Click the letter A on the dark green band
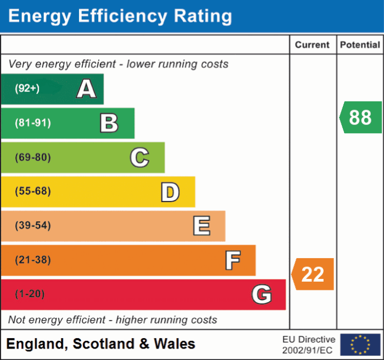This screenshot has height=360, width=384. [x=86, y=89]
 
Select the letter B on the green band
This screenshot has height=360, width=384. [x=109, y=123]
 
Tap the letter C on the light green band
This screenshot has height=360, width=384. [x=139, y=158]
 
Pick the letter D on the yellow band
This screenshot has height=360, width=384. [x=170, y=192]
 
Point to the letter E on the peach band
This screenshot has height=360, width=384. [x=201, y=226]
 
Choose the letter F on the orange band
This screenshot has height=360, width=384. [x=233, y=260]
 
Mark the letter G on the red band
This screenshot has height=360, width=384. [x=262, y=295]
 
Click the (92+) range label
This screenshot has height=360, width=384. [x=27, y=88]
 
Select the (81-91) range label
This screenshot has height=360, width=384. [x=33, y=123]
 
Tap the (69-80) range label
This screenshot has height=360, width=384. [x=33, y=158]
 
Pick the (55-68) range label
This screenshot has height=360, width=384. [x=33, y=192]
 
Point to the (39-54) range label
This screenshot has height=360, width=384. [x=33, y=226]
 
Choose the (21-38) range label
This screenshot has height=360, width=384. [x=33, y=260]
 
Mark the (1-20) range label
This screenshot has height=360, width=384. [x=30, y=294]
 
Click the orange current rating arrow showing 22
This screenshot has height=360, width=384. [x=313, y=274]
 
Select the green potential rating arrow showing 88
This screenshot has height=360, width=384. [x=360, y=117]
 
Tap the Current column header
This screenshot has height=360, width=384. [x=312, y=45]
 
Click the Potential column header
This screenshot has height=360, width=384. [x=360, y=45]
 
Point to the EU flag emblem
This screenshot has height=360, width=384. [x=360, y=344]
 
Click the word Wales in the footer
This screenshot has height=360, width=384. [x=174, y=344]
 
